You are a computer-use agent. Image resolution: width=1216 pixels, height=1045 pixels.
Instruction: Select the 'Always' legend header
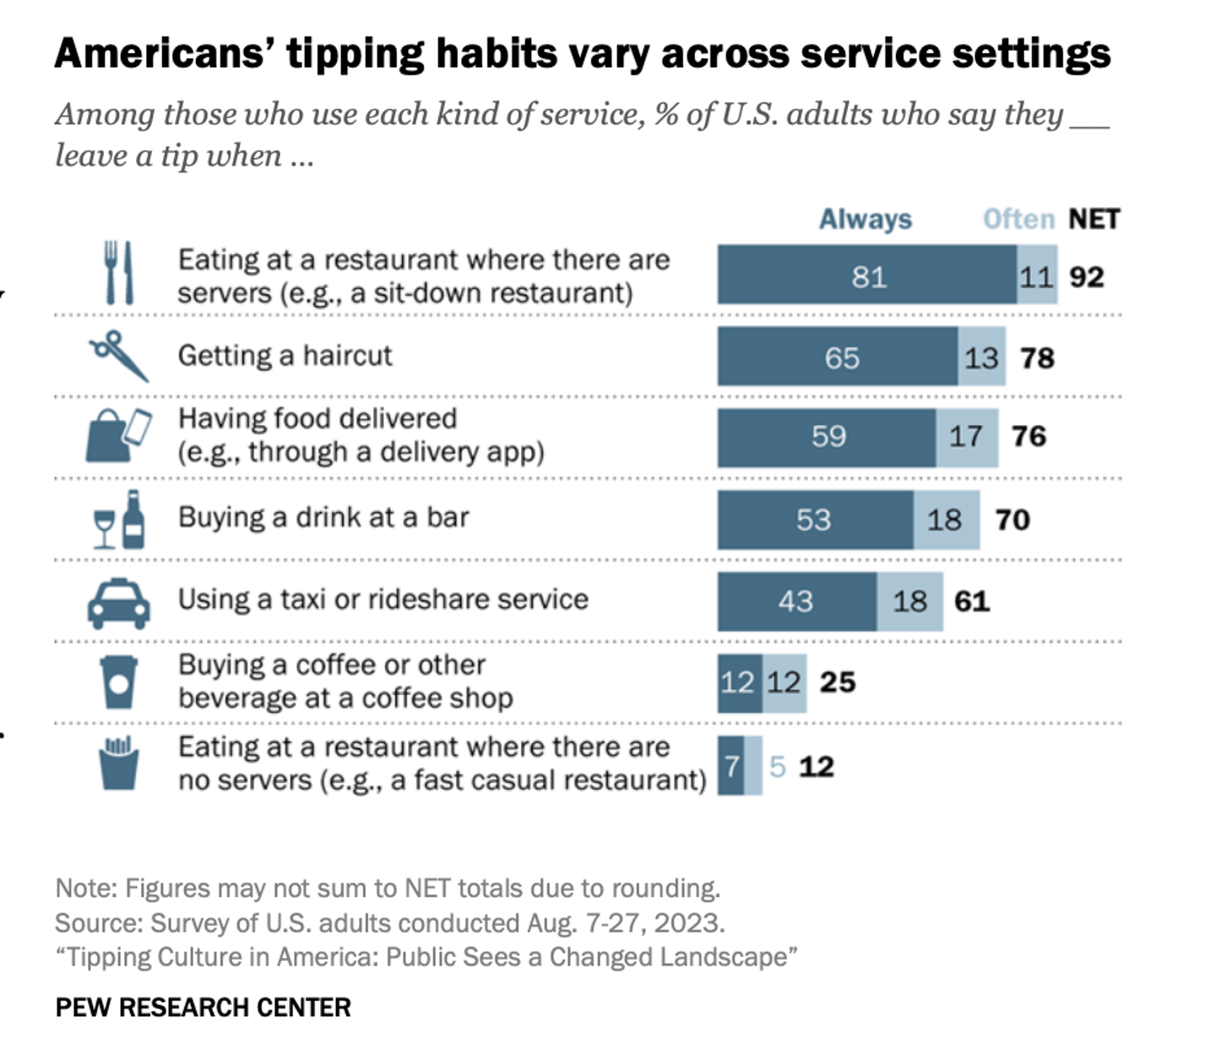(x=865, y=219)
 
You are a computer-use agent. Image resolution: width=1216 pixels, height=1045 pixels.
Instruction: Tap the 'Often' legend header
(x=1018, y=219)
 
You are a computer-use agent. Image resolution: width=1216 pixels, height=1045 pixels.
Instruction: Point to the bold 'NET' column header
(x=1093, y=219)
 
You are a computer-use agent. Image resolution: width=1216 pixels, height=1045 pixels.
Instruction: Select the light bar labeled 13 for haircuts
(x=981, y=357)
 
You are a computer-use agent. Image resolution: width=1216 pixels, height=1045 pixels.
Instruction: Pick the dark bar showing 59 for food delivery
(x=827, y=437)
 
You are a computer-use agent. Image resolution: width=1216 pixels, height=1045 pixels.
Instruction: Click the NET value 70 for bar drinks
(x=1012, y=519)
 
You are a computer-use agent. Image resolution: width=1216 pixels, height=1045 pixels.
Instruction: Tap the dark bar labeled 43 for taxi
(x=796, y=601)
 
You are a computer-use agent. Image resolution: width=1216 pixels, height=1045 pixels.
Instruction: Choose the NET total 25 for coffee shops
(x=837, y=682)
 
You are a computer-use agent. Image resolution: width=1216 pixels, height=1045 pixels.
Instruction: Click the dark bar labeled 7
(x=730, y=766)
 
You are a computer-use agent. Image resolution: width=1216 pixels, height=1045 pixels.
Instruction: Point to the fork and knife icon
(x=118, y=273)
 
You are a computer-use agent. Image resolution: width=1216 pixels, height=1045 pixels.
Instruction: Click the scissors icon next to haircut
(x=119, y=356)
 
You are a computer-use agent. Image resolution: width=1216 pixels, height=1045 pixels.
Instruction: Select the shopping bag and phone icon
(x=118, y=435)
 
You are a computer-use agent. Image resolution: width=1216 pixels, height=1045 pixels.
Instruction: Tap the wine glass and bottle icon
(x=119, y=520)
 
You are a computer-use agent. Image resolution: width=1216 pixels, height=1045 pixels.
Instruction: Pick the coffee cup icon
(x=118, y=682)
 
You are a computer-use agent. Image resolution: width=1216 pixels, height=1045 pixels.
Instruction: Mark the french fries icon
(x=118, y=764)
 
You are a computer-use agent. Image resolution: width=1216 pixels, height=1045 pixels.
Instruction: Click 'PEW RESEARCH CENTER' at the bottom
(x=203, y=1007)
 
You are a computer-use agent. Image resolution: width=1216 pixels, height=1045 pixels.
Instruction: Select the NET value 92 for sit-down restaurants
(x=1086, y=276)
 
